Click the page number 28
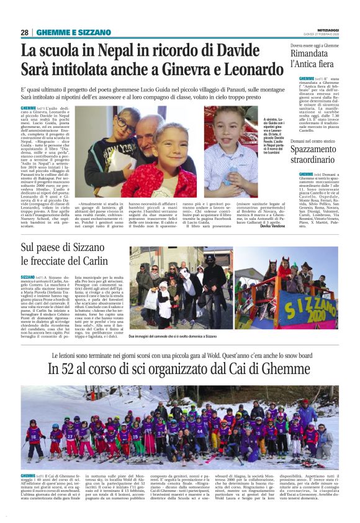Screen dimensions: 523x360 tap(24, 32)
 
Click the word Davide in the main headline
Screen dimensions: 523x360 tap(253, 49)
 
